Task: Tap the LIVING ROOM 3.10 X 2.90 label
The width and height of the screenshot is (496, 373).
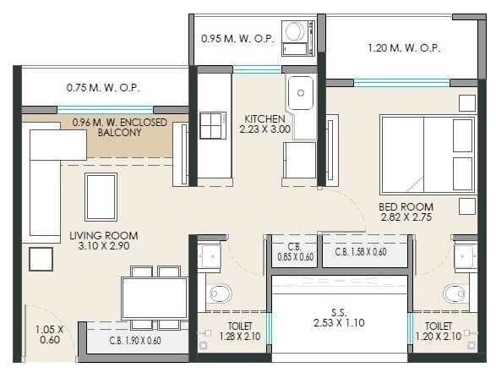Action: [104, 240]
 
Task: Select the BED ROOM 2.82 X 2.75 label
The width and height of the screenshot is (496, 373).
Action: [407, 211]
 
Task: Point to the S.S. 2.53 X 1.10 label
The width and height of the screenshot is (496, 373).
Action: [339, 316]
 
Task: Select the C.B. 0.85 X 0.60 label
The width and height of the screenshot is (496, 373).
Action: [293, 253]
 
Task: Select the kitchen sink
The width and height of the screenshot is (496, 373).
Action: [300, 94]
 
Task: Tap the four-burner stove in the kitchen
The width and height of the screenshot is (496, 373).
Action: [213, 125]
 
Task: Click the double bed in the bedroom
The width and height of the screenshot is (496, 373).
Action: [427, 154]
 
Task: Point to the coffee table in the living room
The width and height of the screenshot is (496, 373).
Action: [101, 195]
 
